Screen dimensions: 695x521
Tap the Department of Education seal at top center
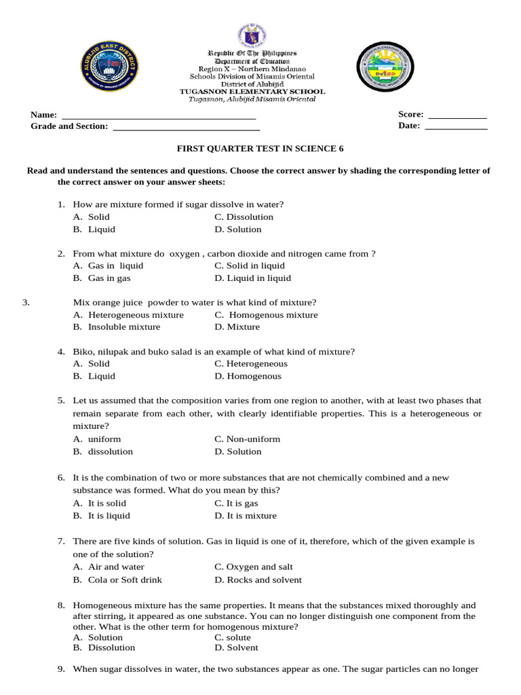point(252,37)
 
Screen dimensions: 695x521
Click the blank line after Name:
point(158,118)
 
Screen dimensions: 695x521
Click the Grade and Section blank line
point(186,129)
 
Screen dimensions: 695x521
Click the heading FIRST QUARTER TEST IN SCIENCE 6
point(256,148)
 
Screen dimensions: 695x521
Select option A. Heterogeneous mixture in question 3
point(128,315)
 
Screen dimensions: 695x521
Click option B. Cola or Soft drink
point(117,580)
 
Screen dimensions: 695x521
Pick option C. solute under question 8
point(233,637)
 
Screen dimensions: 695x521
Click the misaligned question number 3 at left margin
point(26,303)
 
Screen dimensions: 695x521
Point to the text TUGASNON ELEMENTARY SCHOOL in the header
point(252,92)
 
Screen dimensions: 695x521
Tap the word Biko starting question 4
point(83,352)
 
